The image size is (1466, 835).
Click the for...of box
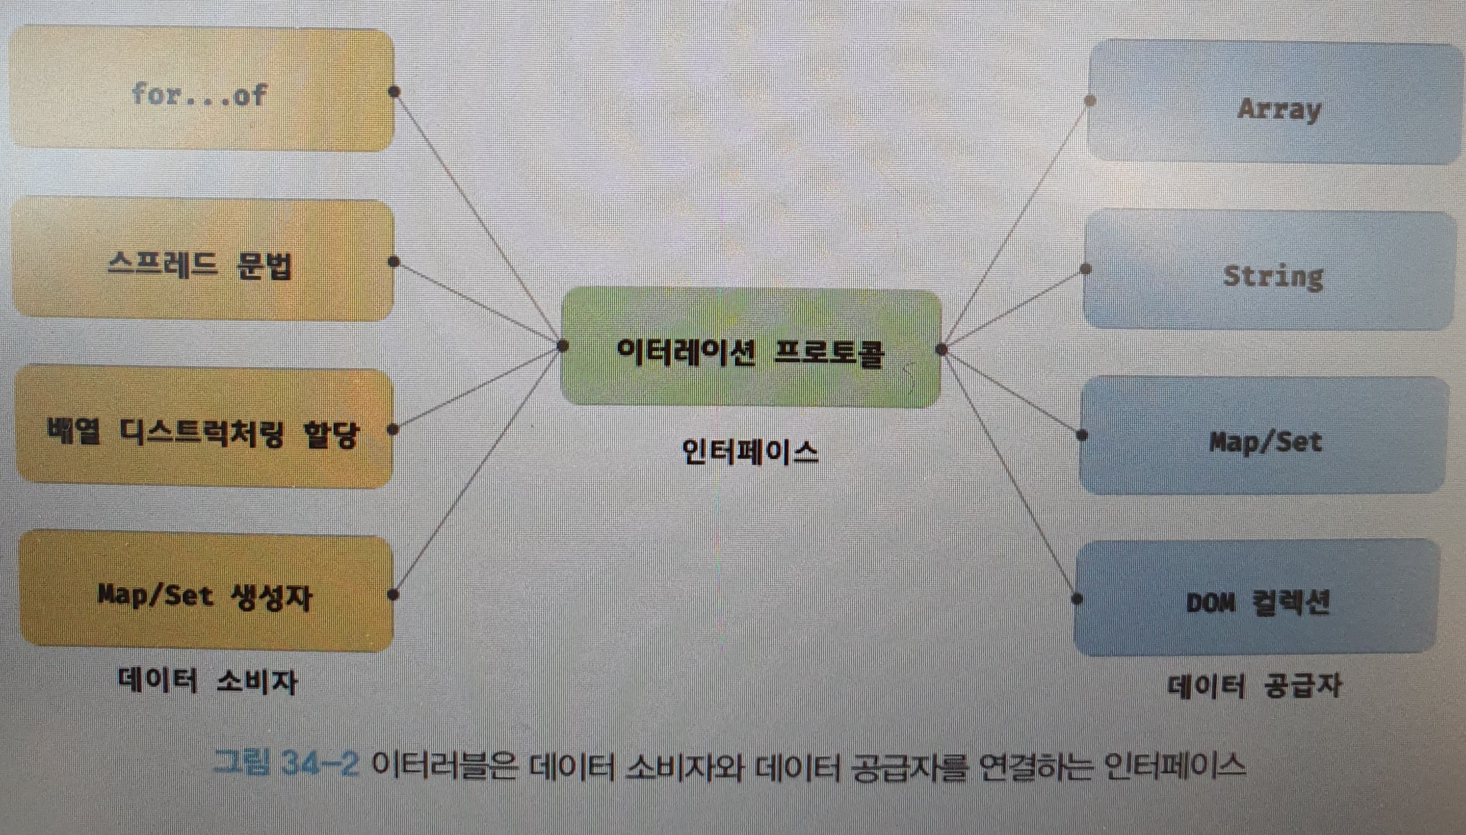(x=201, y=92)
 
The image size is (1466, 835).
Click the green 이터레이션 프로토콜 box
(x=750, y=349)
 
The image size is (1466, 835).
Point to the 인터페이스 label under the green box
(x=750, y=452)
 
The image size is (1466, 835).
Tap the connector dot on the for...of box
(x=395, y=91)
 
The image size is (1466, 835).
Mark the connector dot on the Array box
(x=1090, y=101)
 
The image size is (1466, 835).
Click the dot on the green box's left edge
(x=562, y=346)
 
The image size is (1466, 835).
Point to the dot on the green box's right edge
(x=941, y=349)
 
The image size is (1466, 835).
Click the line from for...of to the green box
(x=479, y=219)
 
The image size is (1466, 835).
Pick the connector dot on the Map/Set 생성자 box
(x=394, y=595)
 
